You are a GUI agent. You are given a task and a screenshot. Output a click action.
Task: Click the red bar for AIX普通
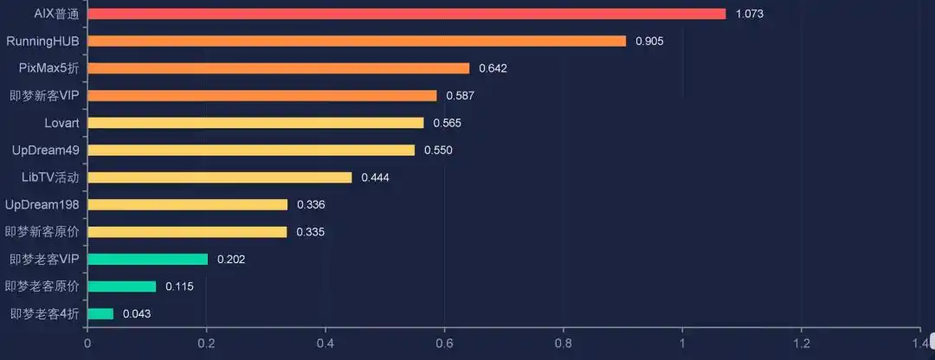[406, 14]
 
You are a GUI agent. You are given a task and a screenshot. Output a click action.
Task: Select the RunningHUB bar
[356, 41]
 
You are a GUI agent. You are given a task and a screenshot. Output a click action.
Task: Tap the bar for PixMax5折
[278, 68]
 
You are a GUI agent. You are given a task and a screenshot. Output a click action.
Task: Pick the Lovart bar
[255, 123]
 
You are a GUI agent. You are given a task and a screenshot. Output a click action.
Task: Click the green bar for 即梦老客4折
[100, 313]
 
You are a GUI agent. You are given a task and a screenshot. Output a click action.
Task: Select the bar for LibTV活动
[219, 177]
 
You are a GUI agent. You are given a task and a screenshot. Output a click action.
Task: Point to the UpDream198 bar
[187, 204]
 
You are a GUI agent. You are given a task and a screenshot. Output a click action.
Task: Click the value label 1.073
[750, 14]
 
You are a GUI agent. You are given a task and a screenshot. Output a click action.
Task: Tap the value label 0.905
[649, 41]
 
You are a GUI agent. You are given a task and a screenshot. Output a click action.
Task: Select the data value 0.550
[438, 151]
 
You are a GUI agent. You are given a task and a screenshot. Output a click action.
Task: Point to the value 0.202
[231, 259]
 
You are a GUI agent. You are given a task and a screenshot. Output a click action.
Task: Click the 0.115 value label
[180, 286]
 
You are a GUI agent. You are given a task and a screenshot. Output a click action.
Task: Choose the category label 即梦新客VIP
[45, 95]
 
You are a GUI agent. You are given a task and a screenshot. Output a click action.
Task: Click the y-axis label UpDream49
[46, 150]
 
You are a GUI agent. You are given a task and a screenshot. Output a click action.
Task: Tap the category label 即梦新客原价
[42, 232]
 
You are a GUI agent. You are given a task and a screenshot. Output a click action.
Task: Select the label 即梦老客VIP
[45, 259]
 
